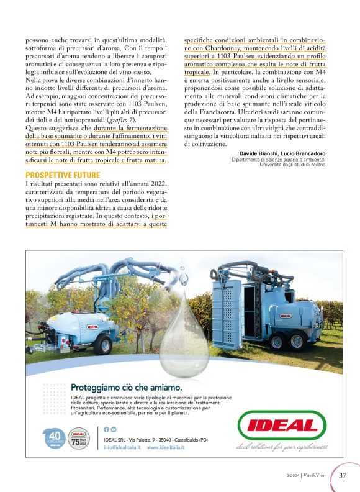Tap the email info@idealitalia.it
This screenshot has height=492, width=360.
point(122,447)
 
